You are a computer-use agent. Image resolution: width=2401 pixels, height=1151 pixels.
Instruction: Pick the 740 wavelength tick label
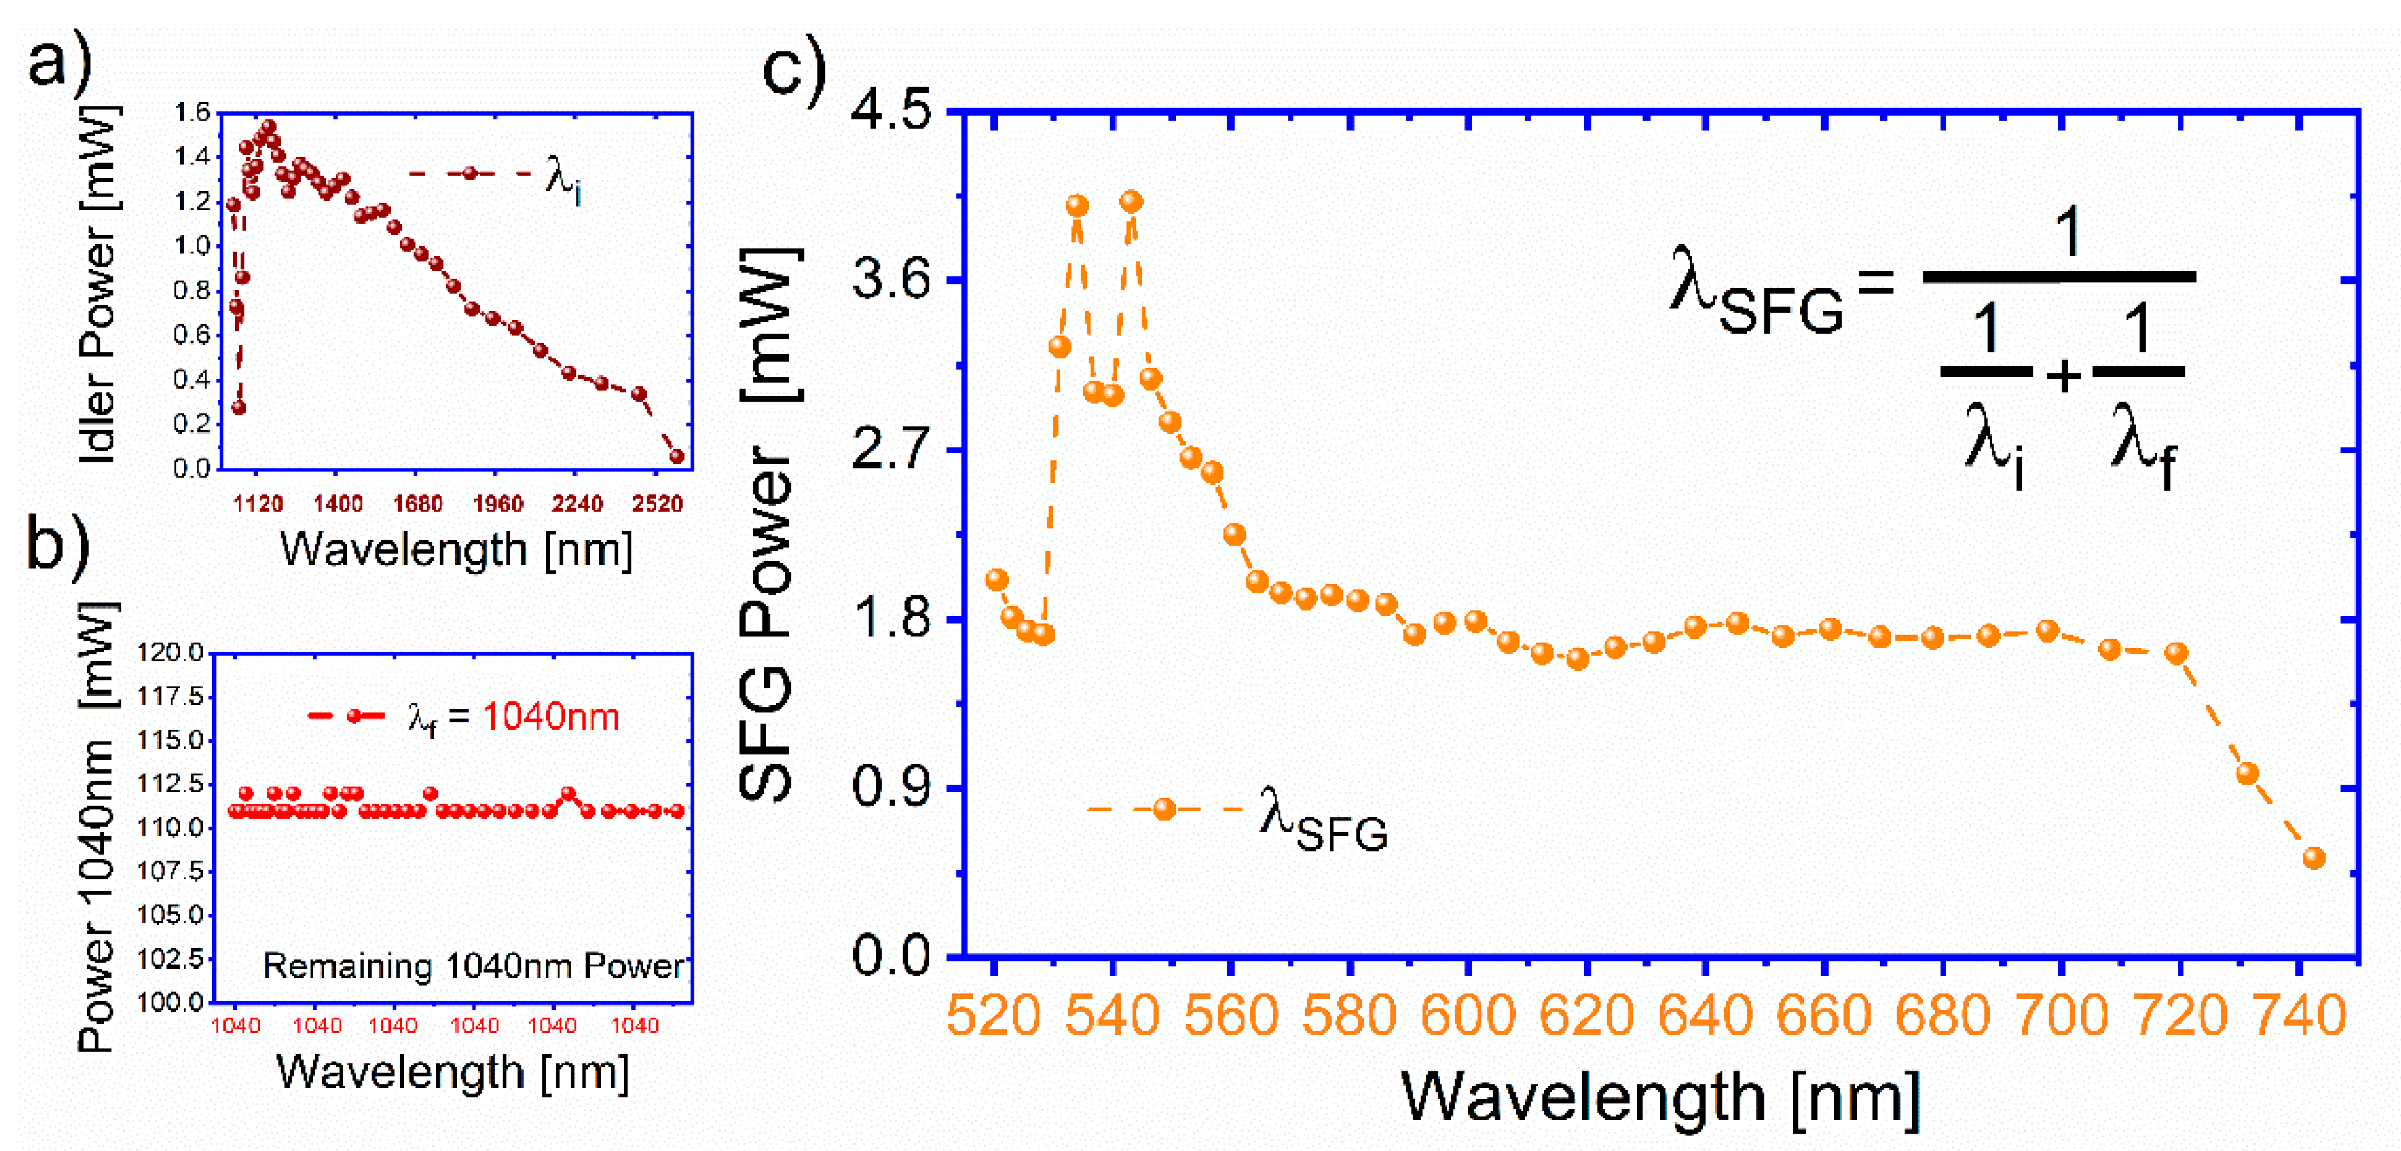coord(2299,1016)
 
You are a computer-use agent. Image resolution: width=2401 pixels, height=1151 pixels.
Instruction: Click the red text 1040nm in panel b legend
coord(550,717)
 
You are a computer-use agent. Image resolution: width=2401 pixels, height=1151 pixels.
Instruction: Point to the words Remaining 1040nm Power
coord(473,966)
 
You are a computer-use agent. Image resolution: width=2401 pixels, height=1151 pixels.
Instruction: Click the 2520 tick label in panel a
coord(657,504)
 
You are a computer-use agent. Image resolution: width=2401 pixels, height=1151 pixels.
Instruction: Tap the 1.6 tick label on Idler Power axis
coord(192,113)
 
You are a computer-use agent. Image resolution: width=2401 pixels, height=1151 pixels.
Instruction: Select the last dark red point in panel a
coord(677,457)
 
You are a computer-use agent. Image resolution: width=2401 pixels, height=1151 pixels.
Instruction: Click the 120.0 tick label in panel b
coord(170,652)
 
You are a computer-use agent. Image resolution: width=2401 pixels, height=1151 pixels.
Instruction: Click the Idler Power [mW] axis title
coord(98,284)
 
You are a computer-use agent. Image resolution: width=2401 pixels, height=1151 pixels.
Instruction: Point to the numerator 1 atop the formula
coord(2068,231)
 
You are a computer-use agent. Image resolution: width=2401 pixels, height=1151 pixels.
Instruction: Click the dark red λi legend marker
coord(471,173)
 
